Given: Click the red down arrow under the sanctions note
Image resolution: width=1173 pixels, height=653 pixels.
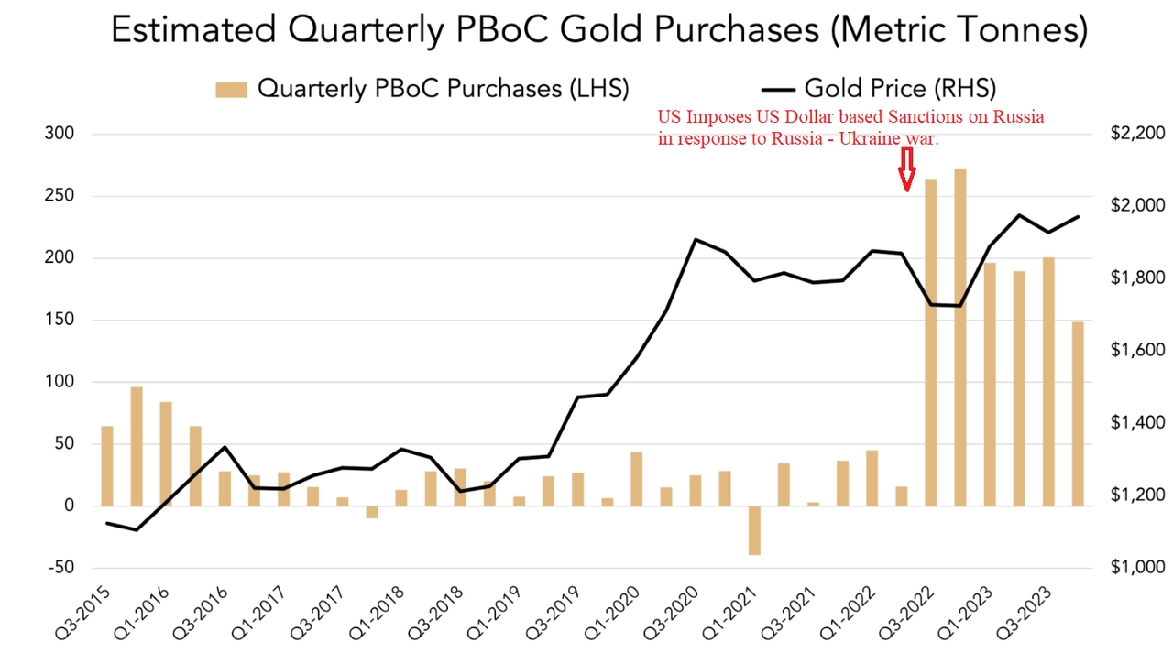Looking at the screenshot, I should click(x=906, y=169).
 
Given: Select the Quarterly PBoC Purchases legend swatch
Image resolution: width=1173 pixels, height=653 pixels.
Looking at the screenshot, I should click(x=232, y=89).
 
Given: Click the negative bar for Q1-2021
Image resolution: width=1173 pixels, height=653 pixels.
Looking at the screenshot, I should click(x=754, y=530).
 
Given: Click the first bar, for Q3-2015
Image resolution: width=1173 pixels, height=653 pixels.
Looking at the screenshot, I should click(x=107, y=466).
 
